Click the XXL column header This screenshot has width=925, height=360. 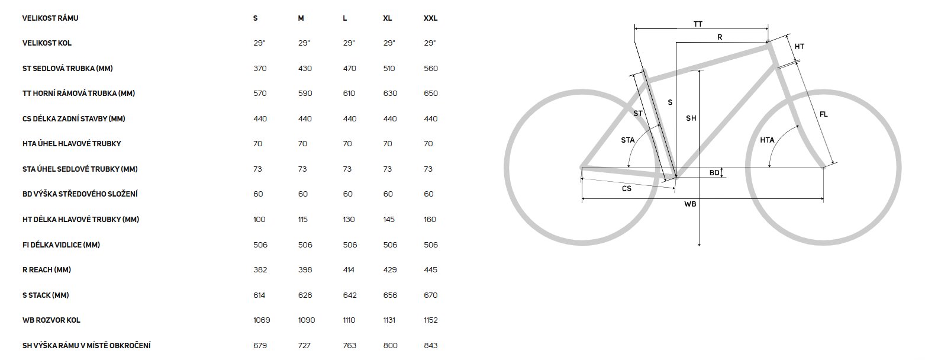point(430,18)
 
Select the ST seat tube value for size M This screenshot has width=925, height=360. point(305,69)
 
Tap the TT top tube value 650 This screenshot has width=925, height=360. point(431,94)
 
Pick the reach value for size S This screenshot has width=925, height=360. point(260,270)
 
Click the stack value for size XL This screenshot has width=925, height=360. point(390,295)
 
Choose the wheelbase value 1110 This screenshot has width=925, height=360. point(349,320)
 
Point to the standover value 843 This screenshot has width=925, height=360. point(431,346)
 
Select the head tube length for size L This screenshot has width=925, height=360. point(349,220)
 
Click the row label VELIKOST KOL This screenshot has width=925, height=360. point(47,43)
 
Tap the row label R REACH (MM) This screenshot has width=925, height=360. point(47,270)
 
